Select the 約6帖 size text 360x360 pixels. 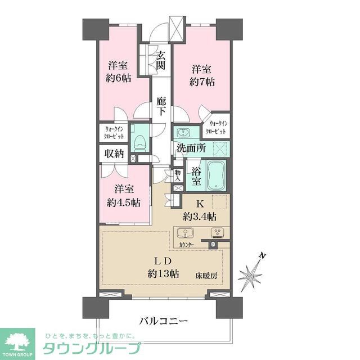[x=119, y=79]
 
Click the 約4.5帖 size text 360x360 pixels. [x=124, y=202]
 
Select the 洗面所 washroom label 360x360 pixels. [x=191, y=149]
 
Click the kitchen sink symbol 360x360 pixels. [x=185, y=233]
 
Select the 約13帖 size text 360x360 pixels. [x=163, y=274]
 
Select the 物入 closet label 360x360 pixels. [x=178, y=175]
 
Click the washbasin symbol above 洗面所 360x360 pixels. [x=183, y=133]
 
